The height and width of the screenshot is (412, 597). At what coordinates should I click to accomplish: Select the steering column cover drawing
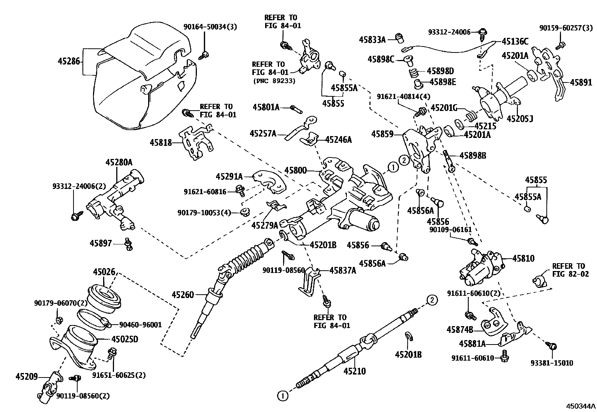[x=142, y=71]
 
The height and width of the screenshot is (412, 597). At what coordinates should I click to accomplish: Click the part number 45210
[x=354, y=371]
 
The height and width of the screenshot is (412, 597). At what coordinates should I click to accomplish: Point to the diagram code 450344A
[x=580, y=406]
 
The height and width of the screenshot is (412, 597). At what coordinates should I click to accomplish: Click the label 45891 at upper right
[x=581, y=82]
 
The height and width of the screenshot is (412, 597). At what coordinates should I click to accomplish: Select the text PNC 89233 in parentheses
[x=274, y=81]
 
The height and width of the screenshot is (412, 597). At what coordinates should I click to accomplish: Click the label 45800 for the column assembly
[x=295, y=171]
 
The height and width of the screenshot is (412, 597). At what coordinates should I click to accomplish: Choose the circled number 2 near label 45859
[x=404, y=160]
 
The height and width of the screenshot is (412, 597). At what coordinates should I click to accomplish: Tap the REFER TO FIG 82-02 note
[x=568, y=270]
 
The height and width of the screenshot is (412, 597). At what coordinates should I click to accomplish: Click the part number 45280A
[x=118, y=162]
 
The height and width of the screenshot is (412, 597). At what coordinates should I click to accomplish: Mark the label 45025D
[x=124, y=339]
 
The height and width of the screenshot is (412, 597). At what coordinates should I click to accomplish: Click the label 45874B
[x=459, y=330]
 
